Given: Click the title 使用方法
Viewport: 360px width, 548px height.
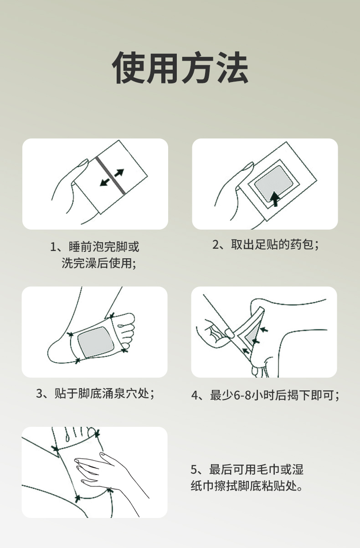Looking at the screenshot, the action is coord(180,68).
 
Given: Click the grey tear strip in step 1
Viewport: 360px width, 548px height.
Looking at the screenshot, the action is coord(111,175).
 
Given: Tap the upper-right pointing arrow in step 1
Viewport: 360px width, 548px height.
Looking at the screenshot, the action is coord(120,173).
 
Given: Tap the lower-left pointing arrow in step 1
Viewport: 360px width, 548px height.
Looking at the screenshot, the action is coord(104,182).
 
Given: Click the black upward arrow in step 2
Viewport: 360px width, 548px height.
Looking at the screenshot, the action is coord(275,199).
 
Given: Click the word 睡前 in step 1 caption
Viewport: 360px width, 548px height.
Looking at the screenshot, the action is coord(81,246).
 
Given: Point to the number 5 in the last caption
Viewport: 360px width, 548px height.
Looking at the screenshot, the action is coord(194,470).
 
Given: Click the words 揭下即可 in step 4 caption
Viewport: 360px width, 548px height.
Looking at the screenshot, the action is coord(311,395).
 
